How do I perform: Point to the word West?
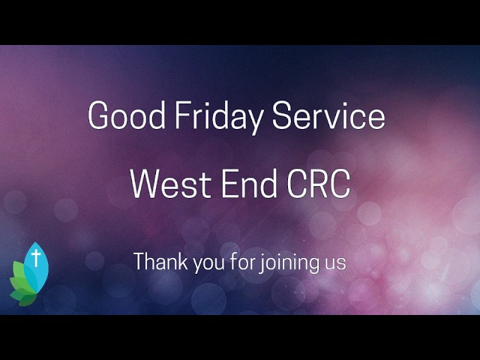[x=166, y=184]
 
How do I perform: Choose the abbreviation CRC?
[x=318, y=184]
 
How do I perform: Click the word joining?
[x=286, y=264]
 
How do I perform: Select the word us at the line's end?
[x=336, y=264]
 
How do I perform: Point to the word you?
[x=202, y=265]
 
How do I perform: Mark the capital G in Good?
[x=98, y=116]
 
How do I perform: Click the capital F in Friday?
[x=181, y=116]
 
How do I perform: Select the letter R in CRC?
[x=319, y=184]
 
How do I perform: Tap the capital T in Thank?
[x=139, y=262]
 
